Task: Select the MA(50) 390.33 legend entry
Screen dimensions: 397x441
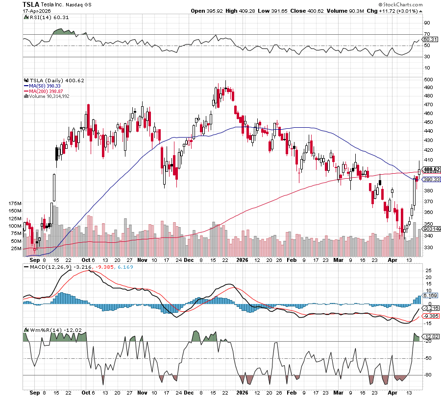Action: (x=43, y=85)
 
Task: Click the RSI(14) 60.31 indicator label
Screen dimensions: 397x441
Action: (x=41, y=17)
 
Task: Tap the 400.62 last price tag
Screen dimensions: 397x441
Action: (x=432, y=169)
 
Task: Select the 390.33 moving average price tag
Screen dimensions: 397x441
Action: (x=432, y=180)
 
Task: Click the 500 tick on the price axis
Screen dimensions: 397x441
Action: (x=428, y=79)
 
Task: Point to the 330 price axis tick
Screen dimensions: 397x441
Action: (x=428, y=248)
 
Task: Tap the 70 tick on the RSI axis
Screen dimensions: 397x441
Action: (x=427, y=34)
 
